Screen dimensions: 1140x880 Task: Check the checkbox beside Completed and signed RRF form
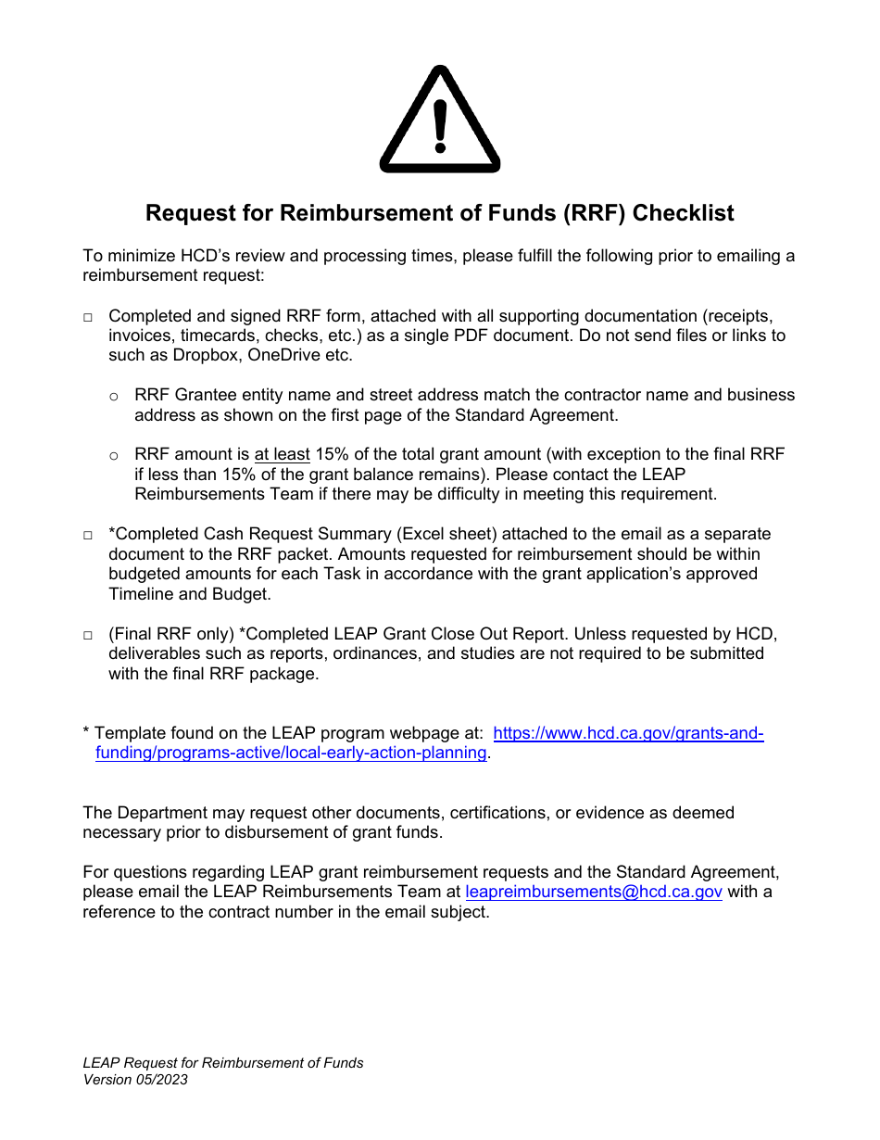coord(88,318)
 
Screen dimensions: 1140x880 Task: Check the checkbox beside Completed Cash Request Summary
coord(88,536)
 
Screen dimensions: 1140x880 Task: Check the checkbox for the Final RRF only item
coord(88,636)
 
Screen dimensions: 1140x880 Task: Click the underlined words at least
coord(282,454)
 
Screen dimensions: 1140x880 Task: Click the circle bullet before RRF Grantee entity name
coord(114,397)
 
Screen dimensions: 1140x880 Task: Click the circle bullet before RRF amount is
coord(114,456)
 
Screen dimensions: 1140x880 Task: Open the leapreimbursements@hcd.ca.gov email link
coord(594,892)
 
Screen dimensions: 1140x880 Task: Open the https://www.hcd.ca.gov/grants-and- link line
coord(628,733)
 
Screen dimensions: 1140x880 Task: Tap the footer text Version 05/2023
coord(135,1080)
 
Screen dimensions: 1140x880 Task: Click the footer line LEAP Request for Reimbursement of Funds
coord(223,1063)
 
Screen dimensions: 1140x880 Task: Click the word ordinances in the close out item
coord(390,653)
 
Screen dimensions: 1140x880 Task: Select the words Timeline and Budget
coord(189,594)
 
